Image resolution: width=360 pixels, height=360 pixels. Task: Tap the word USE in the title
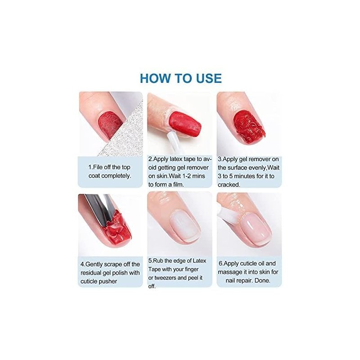[x=209, y=78]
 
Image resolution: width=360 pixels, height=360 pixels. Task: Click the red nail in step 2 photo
[x=185, y=123]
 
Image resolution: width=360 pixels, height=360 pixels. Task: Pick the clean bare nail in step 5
[x=185, y=226]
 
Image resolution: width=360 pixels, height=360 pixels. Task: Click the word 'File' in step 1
[x=98, y=167]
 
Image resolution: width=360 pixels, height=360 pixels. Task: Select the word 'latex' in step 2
[x=176, y=159]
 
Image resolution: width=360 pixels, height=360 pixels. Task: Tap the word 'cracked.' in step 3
[x=229, y=184]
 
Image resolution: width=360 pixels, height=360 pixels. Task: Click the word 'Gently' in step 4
[x=96, y=265]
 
